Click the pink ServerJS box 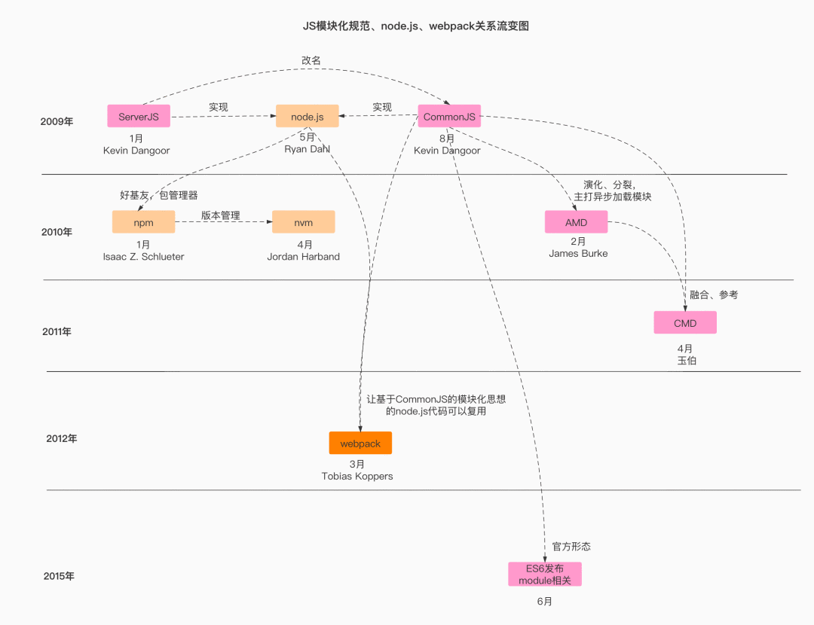pyautogui.click(x=139, y=117)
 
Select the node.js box pyautogui.click(x=307, y=117)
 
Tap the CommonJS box pyautogui.click(x=449, y=117)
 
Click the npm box pyautogui.click(x=143, y=223)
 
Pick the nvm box pyautogui.click(x=303, y=223)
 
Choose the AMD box pyautogui.click(x=576, y=222)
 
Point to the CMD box pyautogui.click(x=685, y=323)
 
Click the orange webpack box pyautogui.click(x=360, y=444)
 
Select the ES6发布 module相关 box pyautogui.click(x=545, y=575)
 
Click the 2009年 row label pyautogui.click(x=57, y=121)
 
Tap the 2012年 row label pyautogui.click(x=62, y=438)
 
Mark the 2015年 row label pyautogui.click(x=59, y=576)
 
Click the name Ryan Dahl pyautogui.click(x=308, y=149)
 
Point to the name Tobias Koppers pyautogui.click(x=357, y=476)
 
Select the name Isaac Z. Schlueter pyautogui.click(x=143, y=257)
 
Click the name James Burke pyautogui.click(x=578, y=254)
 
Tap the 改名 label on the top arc pyautogui.click(x=311, y=60)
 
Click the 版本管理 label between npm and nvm pyautogui.click(x=220, y=215)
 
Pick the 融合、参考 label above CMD pyautogui.click(x=714, y=294)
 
